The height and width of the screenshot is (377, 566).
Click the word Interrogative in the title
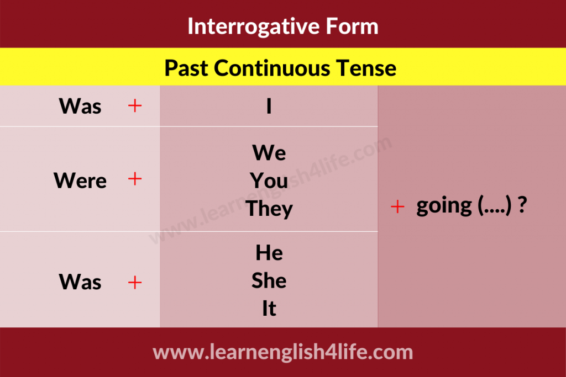(254, 27)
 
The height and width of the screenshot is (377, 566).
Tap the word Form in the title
(352, 26)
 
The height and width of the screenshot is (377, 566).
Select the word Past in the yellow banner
(186, 68)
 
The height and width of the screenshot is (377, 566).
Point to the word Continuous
(272, 68)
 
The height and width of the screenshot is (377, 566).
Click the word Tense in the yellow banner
(366, 68)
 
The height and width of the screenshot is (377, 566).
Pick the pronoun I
(269, 106)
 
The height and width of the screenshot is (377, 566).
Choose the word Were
(80, 180)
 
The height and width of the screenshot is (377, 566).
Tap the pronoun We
(269, 153)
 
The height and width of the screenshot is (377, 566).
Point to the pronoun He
(269, 253)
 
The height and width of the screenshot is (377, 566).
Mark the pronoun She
(269, 280)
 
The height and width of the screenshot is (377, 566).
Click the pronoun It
(269, 309)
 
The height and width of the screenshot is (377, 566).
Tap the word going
(444, 206)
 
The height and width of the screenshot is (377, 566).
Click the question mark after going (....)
(522, 205)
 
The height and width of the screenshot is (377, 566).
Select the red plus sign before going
(397, 206)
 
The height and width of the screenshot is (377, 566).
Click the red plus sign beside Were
(135, 178)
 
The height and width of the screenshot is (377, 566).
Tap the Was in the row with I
(80, 106)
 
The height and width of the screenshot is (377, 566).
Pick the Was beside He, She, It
(80, 282)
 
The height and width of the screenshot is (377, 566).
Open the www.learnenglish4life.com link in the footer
(282, 352)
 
